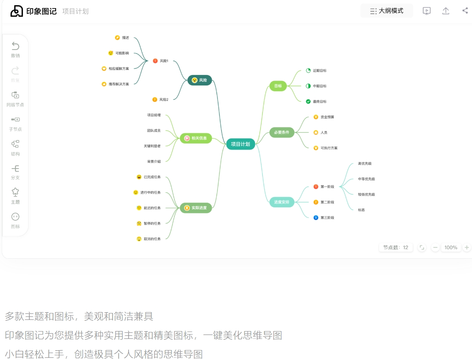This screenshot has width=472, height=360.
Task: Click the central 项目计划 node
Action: (240, 144)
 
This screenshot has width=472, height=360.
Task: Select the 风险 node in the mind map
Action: (199, 80)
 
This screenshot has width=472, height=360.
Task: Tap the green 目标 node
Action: (278, 86)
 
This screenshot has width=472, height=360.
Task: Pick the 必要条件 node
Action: (281, 132)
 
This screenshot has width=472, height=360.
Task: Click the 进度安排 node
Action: (281, 202)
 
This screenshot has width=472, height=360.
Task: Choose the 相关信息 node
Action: (196, 138)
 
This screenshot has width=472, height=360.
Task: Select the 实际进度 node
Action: (196, 208)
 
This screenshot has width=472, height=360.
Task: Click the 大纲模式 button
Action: (387, 11)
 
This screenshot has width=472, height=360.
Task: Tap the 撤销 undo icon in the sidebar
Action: (16, 46)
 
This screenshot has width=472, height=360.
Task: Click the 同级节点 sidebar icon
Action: (16, 95)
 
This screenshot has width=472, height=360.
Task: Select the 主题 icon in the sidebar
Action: (16, 192)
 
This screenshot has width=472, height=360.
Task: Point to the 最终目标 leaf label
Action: (320, 101)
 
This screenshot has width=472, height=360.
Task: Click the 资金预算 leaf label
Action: (327, 117)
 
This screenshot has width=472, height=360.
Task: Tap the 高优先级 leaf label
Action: (365, 163)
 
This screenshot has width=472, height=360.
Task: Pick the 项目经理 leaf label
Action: (154, 115)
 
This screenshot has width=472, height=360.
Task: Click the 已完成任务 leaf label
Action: (152, 177)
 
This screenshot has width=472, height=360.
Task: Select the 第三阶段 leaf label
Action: (327, 217)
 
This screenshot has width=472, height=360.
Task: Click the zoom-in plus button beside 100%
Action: (467, 247)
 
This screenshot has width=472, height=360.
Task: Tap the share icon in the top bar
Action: (465, 11)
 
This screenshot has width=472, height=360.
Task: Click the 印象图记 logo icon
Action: (16, 11)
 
